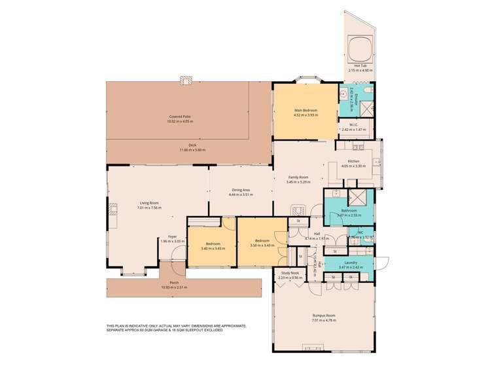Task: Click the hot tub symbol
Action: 359,47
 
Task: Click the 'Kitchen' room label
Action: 353,161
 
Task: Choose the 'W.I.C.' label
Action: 353,124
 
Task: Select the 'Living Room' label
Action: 149,203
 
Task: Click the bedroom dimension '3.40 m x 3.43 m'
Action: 213,248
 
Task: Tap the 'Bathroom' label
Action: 349,210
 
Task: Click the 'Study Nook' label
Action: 290,273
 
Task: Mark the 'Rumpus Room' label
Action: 324,316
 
